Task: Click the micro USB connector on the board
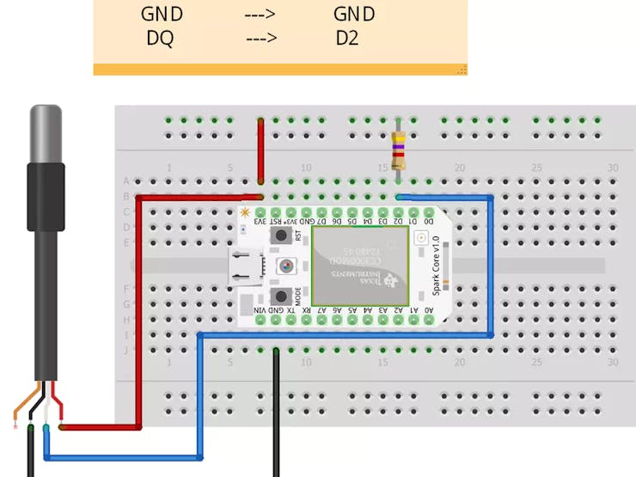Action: [x=245, y=266]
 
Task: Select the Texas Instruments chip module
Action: [x=360, y=266]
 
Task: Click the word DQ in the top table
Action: [x=160, y=38]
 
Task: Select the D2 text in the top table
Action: [x=347, y=38]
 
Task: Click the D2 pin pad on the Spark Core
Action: [x=399, y=211]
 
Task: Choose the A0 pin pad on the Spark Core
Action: [x=430, y=321]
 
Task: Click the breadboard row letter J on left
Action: [x=126, y=351]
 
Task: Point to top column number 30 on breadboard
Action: [x=612, y=168]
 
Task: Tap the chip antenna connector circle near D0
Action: [x=421, y=242]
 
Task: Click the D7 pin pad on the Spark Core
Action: [x=321, y=211]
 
